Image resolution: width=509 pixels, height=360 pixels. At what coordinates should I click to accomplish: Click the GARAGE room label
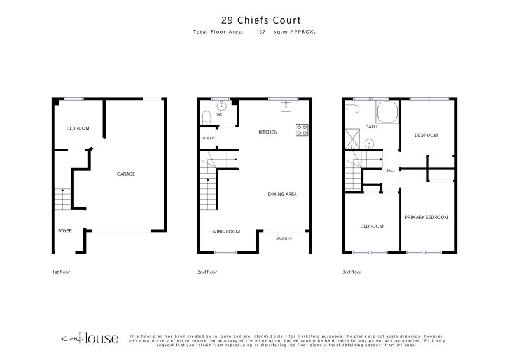(125, 174)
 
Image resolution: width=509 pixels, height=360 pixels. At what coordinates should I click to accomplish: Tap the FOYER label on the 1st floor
(65, 231)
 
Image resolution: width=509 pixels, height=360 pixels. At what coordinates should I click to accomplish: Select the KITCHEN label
(268, 132)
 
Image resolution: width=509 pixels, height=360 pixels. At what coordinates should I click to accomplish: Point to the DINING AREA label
(282, 194)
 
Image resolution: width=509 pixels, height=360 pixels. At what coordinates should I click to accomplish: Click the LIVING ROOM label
(225, 232)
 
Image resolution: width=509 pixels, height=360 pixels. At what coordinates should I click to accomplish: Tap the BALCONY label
(284, 239)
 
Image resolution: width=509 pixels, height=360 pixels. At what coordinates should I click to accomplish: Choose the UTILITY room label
(209, 138)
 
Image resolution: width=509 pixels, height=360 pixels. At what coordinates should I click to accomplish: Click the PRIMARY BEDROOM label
(426, 217)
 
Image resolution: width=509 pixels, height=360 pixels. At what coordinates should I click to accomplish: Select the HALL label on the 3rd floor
(389, 170)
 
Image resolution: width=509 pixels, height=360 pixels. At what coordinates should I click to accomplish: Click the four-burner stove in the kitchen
(302, 130)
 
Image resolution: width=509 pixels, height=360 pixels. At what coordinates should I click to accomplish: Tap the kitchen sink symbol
(286, 107)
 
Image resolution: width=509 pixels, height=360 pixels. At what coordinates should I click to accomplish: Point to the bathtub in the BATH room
(387, 113)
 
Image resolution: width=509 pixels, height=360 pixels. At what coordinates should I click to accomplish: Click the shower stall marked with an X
(352, 139)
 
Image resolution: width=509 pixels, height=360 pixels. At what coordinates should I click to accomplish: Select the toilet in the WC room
(206, 118)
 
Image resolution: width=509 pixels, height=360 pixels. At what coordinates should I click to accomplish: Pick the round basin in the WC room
(221, 106)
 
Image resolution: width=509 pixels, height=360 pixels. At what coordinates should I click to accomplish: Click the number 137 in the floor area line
(261, 32)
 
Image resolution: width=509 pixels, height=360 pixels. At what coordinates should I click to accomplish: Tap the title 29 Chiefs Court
(261, 20)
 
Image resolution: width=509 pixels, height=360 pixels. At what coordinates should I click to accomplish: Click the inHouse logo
(90, 338)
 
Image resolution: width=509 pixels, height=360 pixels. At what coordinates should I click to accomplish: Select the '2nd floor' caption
(207, 272)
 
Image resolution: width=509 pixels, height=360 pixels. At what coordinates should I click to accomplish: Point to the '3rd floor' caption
(352, 272)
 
